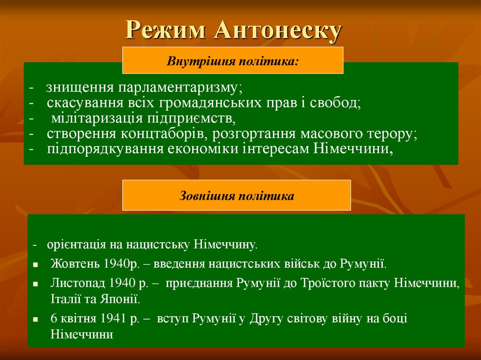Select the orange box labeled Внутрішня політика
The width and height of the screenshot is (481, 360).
tap(233, 61)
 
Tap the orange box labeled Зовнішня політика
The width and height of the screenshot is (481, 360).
tap(236, 195)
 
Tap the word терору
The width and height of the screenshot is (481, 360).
tap(391, 134)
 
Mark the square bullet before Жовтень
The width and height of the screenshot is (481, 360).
tap(36, 265)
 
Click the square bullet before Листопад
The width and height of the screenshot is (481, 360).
tap(36, 284)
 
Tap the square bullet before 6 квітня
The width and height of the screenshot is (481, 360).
tap(36, 320)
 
